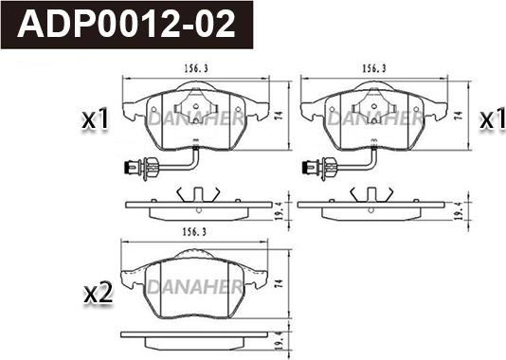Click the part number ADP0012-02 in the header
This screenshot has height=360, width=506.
[126, 25]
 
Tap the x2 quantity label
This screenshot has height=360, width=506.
[99, 294]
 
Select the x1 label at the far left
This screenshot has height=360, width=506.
[95, 120]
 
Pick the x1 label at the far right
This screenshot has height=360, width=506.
[492, 119]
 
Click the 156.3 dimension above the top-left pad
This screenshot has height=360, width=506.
[196, 69]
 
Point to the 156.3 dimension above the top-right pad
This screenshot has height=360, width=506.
[374, 69]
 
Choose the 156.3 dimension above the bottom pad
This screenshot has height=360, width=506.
[194, 232]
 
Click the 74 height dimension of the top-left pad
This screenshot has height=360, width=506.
[280, 116]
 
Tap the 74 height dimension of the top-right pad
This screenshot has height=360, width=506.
[459, 116]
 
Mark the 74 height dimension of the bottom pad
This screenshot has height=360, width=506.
[280, 284]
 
